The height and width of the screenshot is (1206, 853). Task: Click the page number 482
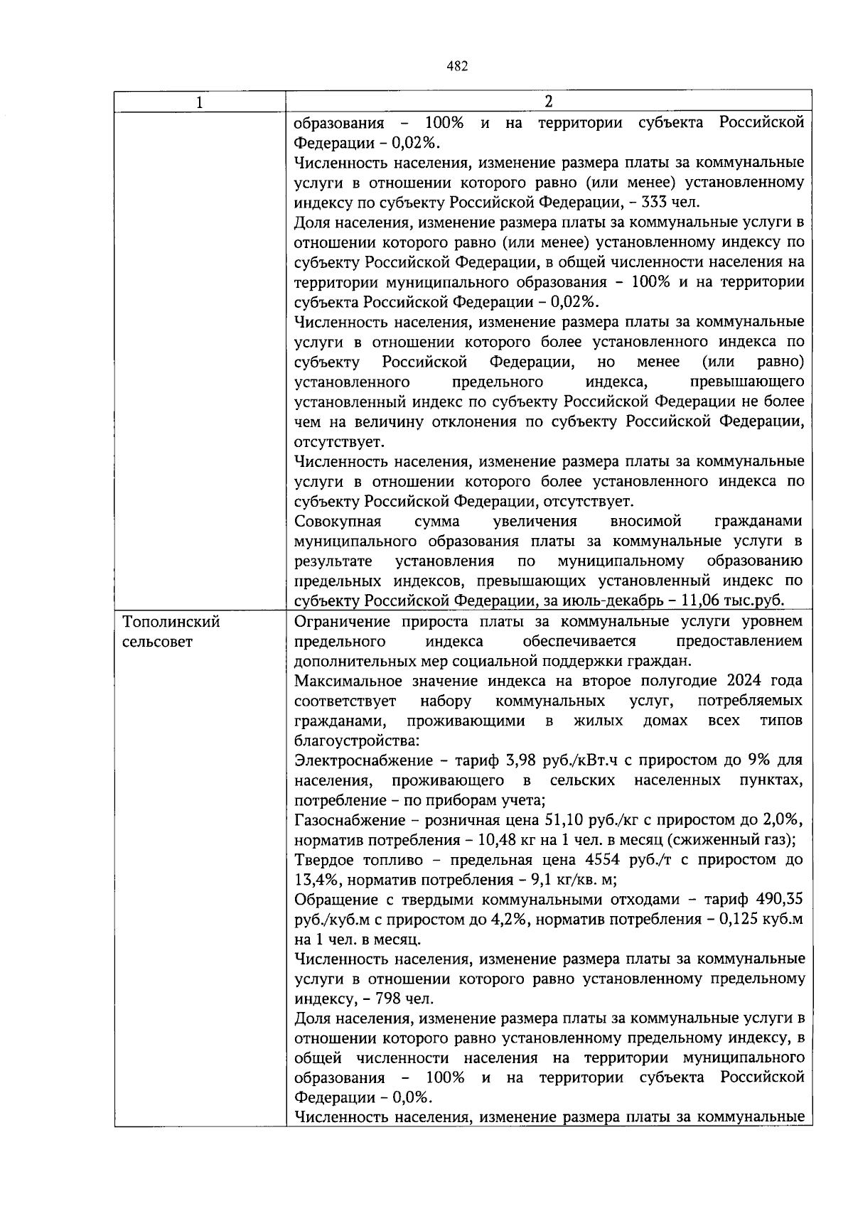(x=457, y=66)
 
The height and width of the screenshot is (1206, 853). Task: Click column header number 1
(x=199, y=102)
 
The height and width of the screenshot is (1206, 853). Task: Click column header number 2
(x=548, y=102)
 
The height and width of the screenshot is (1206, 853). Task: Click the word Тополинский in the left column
(x=171, y=622)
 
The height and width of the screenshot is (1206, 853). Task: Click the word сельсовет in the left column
(x=157, y=642)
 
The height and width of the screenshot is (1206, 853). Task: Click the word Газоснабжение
(x=347, y=820)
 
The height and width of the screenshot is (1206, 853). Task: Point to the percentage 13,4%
(x=317, y=880)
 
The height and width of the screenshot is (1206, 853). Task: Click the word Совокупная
(x=337, y=522)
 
